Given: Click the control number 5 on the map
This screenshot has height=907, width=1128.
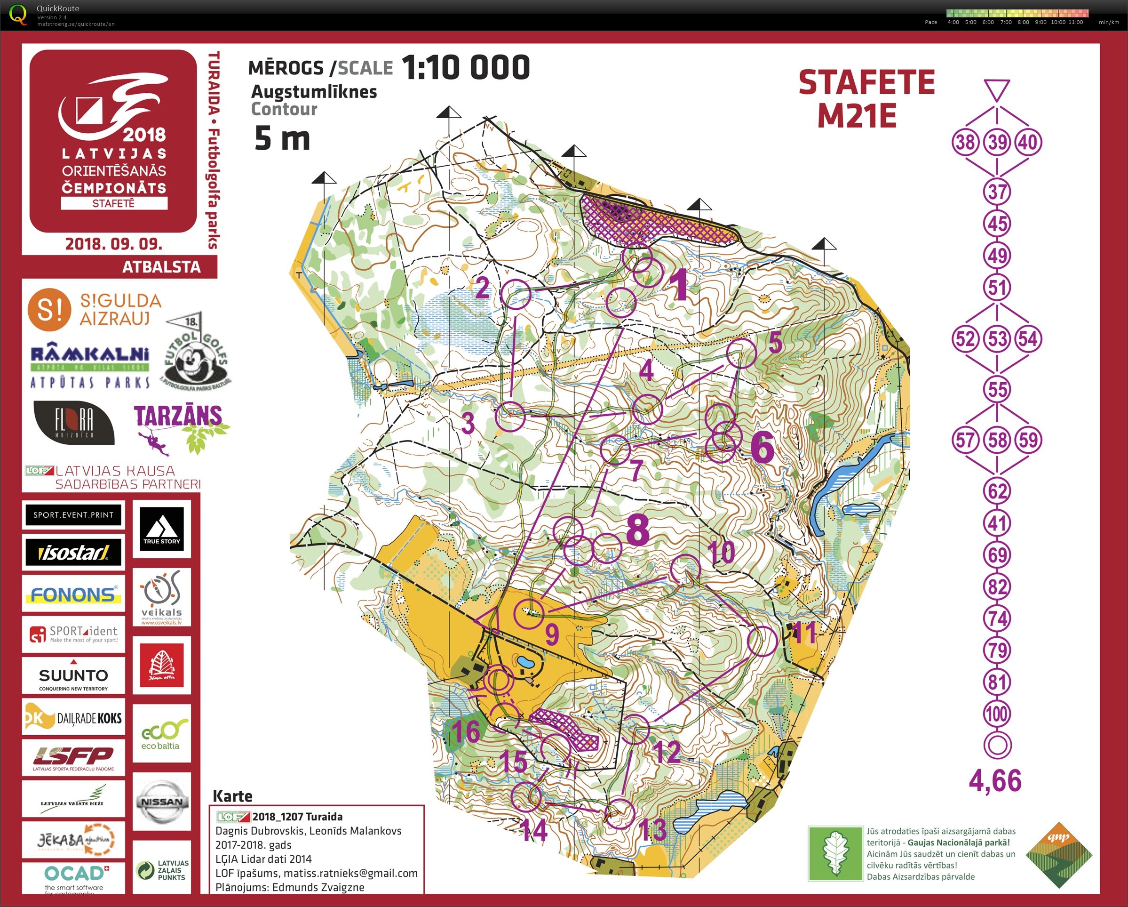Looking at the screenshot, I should [775, 343].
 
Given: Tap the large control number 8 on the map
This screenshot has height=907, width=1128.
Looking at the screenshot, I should [638, 529].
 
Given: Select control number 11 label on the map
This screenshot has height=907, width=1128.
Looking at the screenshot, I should [805, 633].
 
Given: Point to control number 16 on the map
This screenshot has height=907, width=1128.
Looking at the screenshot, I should [466, 730].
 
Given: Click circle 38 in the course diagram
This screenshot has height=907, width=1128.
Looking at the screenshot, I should [965, 142].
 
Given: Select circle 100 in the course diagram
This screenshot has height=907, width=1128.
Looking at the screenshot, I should [997, 714].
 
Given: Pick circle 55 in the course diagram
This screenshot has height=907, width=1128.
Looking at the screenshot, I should [997, 389].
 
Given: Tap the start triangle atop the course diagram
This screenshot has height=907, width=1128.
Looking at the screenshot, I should [997, 89].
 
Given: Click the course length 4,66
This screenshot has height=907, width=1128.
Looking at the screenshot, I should [994, 781].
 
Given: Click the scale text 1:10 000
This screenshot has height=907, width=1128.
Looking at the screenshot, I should [466, 67].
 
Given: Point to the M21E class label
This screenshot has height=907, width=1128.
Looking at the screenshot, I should [857, 116].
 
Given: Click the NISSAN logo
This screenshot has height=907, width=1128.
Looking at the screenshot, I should [162, 802].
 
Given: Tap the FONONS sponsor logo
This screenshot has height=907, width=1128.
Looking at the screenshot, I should [73, 594].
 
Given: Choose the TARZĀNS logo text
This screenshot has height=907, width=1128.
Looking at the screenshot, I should [178, 416].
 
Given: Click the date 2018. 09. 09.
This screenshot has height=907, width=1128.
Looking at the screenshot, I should [113, 244].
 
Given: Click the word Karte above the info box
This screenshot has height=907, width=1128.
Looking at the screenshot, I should [232, 796].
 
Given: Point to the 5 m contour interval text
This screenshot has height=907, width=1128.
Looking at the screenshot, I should [282, 139].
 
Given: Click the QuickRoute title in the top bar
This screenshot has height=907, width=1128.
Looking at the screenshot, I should [57, 8].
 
